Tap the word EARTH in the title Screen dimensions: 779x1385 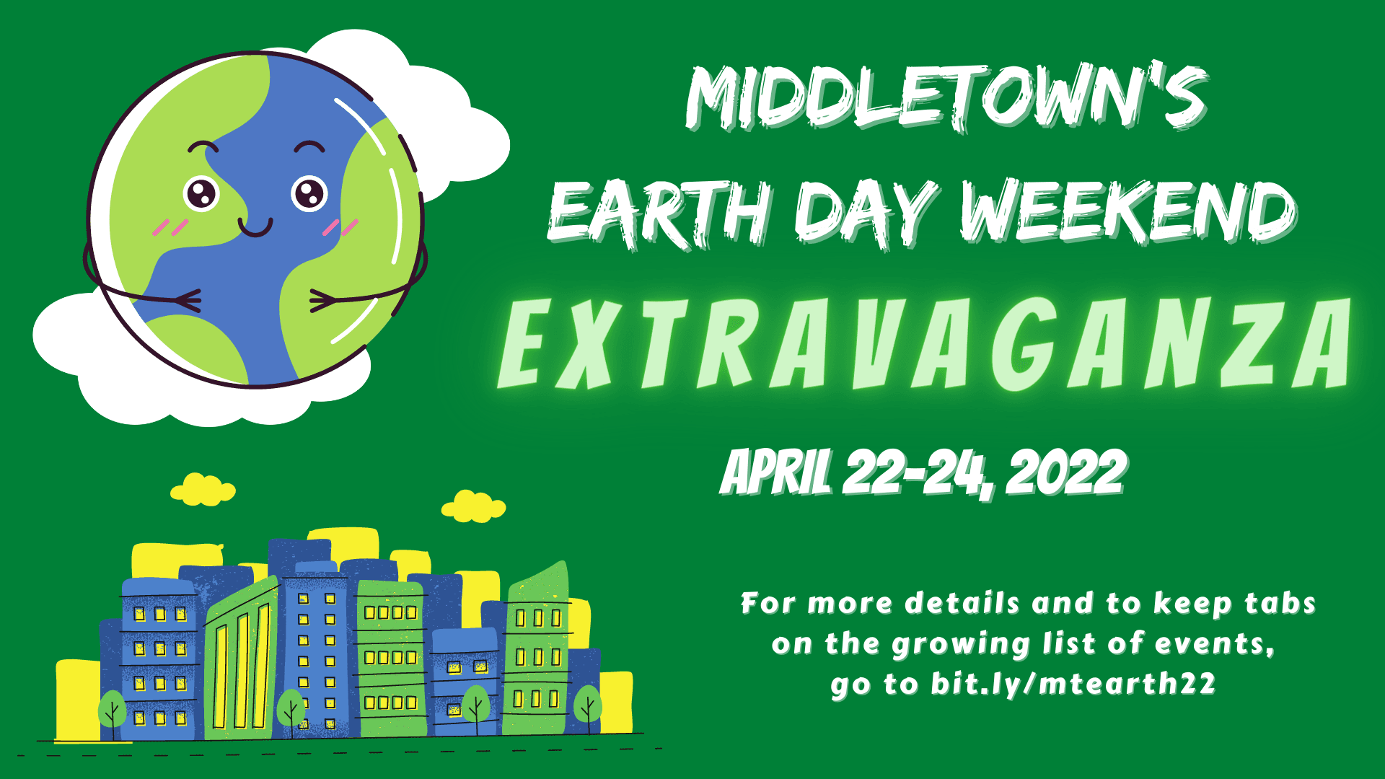661,212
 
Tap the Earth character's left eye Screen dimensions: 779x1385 201,193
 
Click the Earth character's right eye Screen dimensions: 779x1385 309,193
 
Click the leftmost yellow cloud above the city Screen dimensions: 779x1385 203,490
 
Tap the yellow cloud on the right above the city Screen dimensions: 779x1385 473,506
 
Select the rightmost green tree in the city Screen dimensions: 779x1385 588,704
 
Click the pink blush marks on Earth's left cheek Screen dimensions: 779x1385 170,227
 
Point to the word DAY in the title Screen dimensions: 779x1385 866,212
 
